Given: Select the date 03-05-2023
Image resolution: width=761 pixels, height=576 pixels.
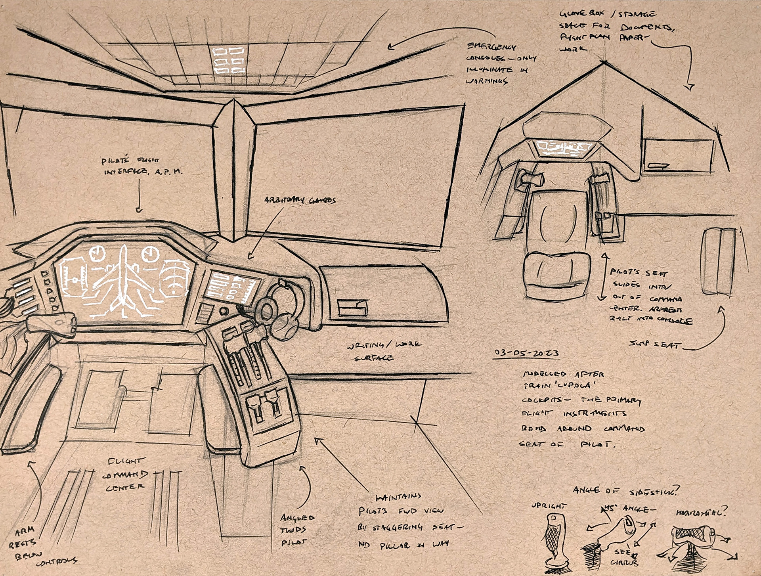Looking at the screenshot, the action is (527, 353).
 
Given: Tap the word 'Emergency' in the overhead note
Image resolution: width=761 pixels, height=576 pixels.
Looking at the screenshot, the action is (492, 47).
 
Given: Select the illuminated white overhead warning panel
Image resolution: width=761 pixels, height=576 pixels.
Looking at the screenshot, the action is (228, 61).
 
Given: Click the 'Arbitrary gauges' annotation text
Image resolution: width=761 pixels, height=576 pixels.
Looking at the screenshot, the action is (300, 200).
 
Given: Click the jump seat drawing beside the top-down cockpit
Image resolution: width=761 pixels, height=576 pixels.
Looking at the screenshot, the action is (717, 262).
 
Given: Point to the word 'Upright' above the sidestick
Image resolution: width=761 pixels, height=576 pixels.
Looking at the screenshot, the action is (549, 506).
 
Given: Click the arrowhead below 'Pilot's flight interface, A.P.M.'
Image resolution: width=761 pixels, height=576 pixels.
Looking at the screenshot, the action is (139, 210).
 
